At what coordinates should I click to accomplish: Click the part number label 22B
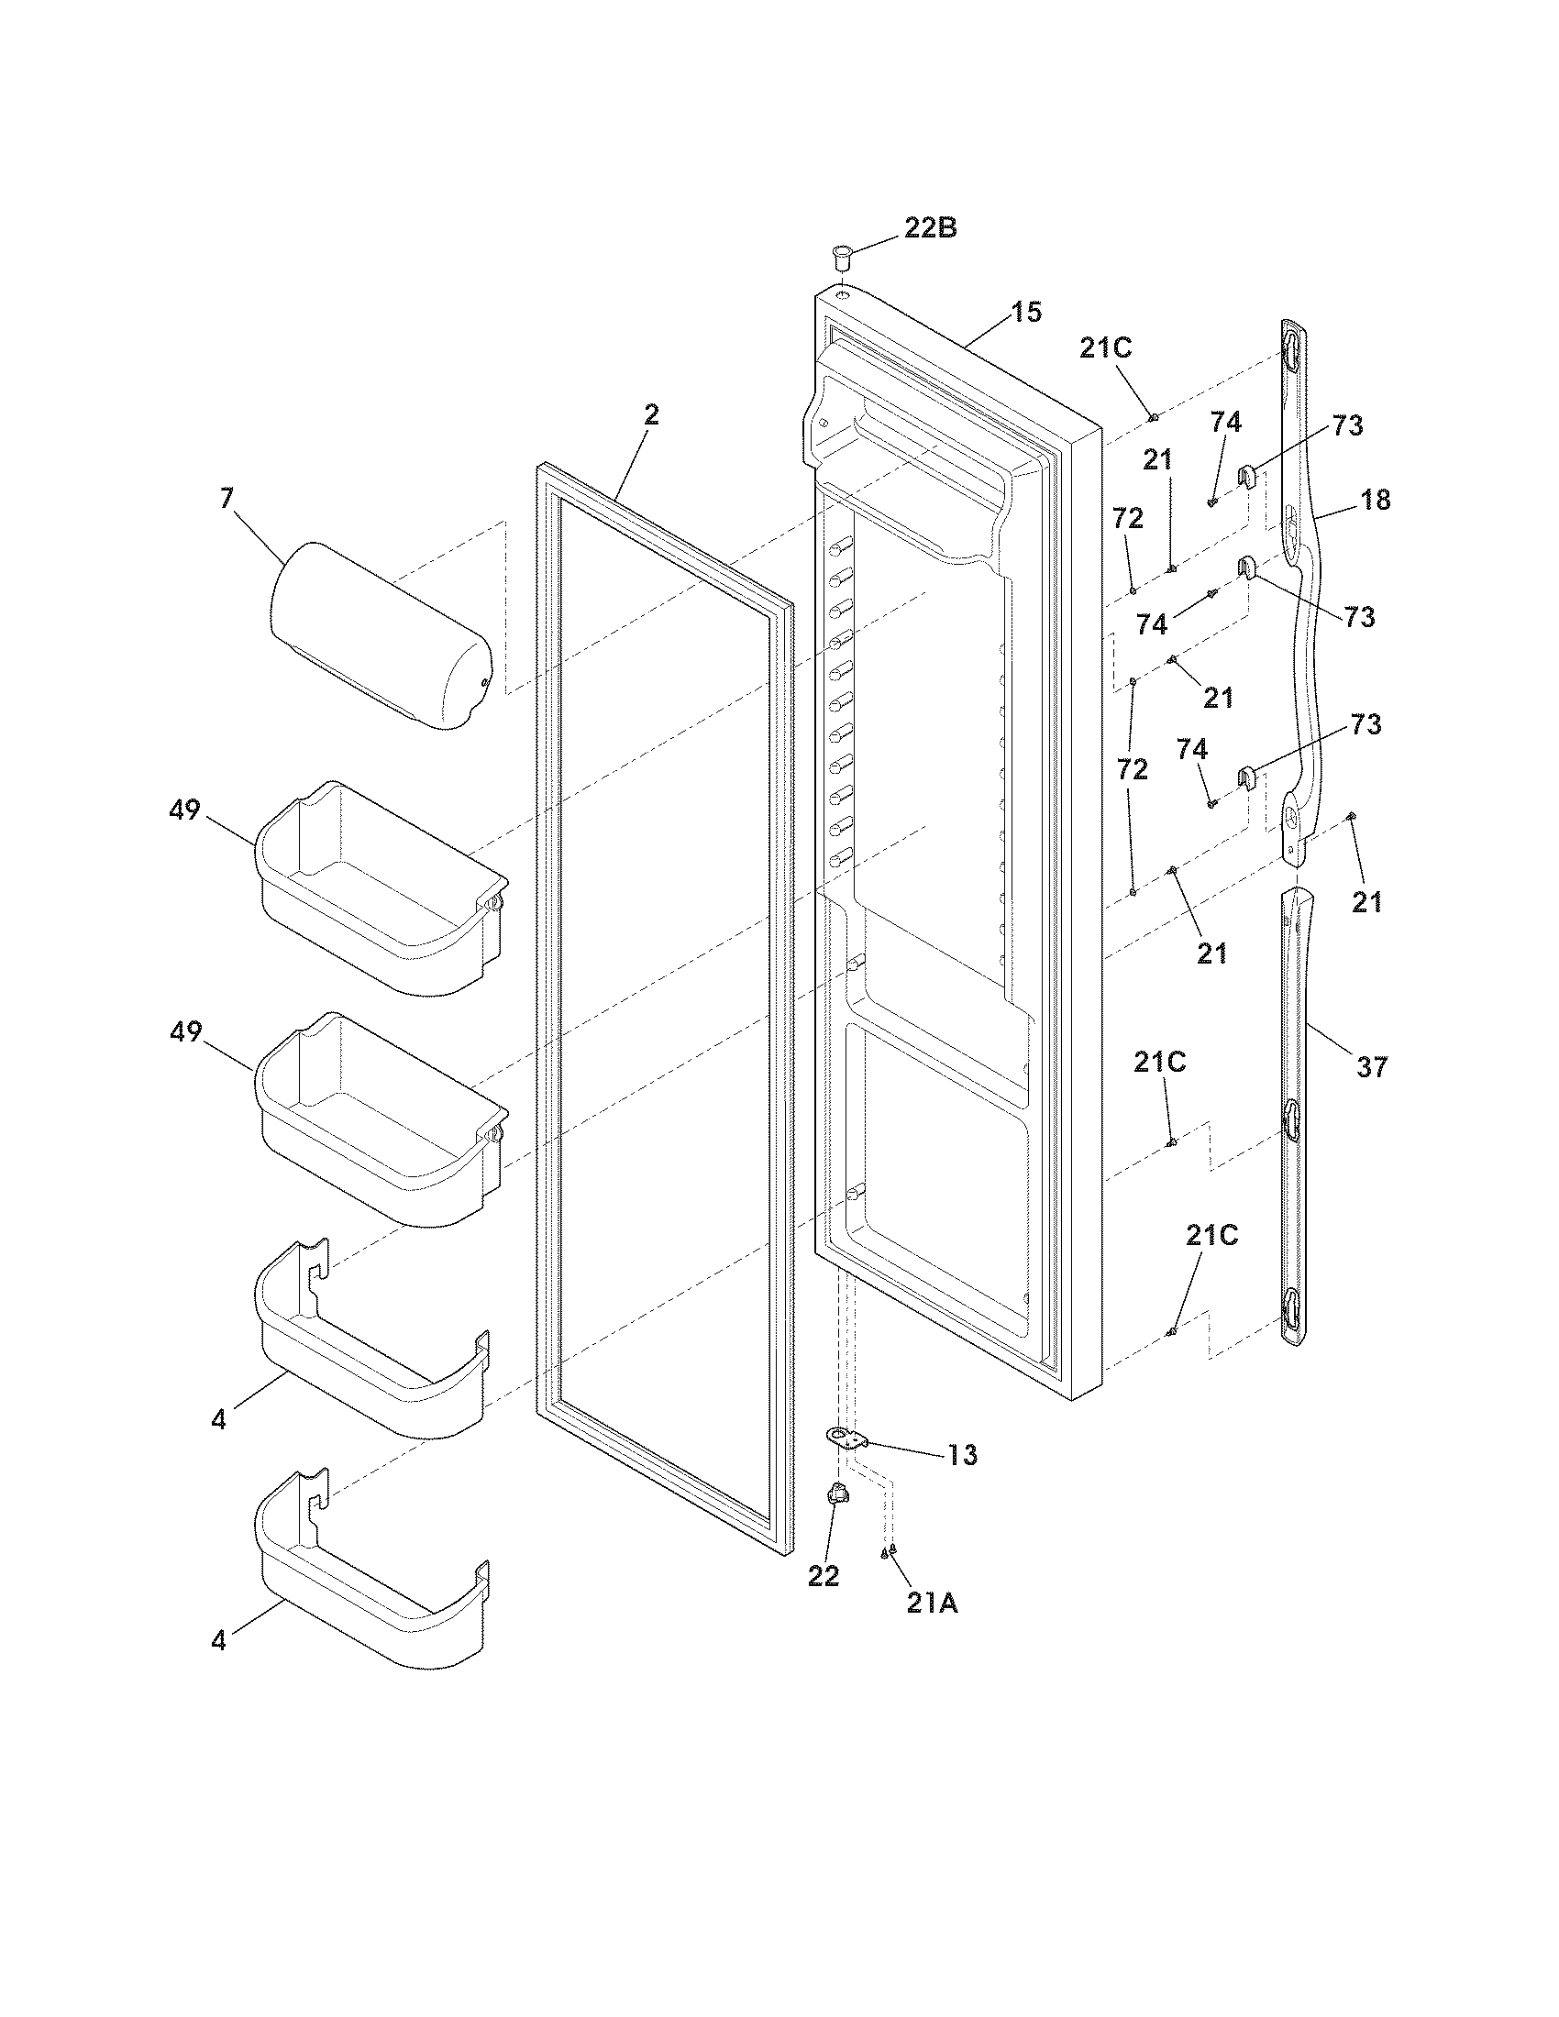tap(930, 228)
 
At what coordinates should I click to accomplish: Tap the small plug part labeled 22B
tap(841, 255)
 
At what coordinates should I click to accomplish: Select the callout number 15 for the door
tap(1025, 312)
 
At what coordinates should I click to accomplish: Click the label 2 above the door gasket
tap(651, 414)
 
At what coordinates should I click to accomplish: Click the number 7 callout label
tap(227, 499)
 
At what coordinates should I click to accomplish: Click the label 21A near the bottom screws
tap(932, 1604)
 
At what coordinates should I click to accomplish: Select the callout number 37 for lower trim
tap(1372, 1067)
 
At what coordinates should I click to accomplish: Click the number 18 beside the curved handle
tap(1375, 500)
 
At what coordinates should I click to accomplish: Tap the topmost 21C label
tap(1106, 348)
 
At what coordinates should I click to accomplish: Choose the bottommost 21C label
tap(1211, 1236)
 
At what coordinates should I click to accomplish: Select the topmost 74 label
tap(1225, 422)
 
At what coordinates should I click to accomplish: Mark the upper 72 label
tap(1128, 519)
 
